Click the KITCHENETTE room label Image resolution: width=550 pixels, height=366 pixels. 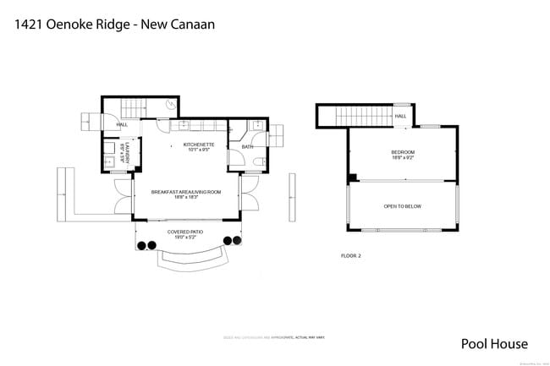pyautogui.click(x=199, y=145)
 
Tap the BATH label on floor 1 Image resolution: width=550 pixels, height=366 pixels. pyautogui.click(x=247, y=147)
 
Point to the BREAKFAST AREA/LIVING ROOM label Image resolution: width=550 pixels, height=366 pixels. pyautogui.click(x=186, y=192)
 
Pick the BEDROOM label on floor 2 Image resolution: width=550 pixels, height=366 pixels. pyautogui.click(x=402, y=153)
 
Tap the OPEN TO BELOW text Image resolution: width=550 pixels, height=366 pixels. pyautogui.click(x=402, y=206)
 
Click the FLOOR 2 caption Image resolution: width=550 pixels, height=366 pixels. pyautogui.click(x=350, y=255)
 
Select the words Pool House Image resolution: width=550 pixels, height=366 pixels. pyautogui.click(x=494, y=343)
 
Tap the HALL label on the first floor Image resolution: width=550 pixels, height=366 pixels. pyautogui.click(x=122, y=124)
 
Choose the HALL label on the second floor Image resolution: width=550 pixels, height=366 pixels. pyautogui.click(x=400, y=116)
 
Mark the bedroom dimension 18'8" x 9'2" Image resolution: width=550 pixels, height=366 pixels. pyautogui.click(x=402, y=158)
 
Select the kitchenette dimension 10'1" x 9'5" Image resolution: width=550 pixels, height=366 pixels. pyautogui.click(x=199, y=150)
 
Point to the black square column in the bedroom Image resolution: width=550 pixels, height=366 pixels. pyautogui.click(x=354, y=178)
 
